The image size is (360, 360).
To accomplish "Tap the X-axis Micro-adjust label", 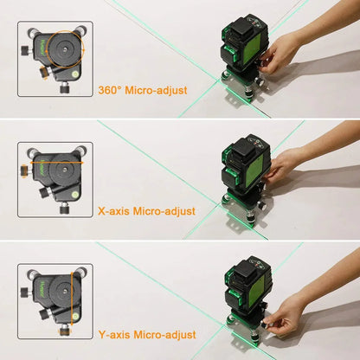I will point(146,210).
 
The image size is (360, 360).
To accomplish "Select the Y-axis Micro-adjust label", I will point(146,333).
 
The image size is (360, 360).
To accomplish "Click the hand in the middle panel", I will point(299,164).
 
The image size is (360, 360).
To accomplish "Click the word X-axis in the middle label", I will point(113,210).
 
